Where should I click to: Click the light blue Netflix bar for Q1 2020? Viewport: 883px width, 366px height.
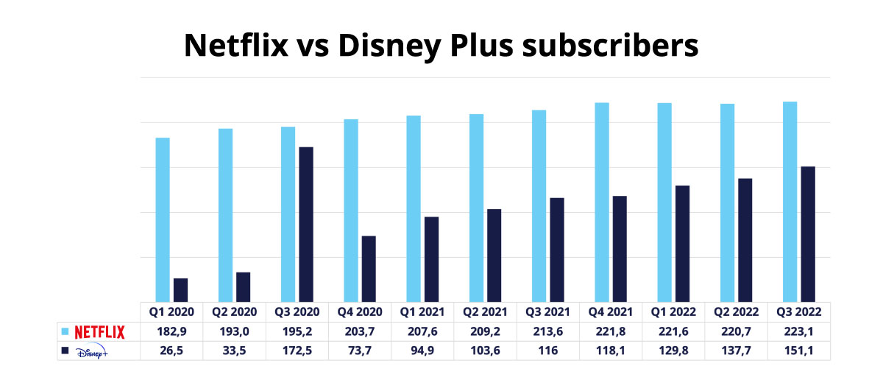163,219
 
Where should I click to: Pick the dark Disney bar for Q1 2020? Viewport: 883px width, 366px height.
180,289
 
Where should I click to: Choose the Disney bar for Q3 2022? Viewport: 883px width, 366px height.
808,233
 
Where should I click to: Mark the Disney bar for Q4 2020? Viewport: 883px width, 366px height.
369,268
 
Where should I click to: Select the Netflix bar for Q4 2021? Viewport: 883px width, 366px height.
602,202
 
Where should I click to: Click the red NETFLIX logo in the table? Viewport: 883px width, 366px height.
100,331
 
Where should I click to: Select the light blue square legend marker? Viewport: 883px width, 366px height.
64,331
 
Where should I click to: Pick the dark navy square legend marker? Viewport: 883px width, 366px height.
64,351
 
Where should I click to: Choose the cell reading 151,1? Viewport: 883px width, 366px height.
798,351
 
